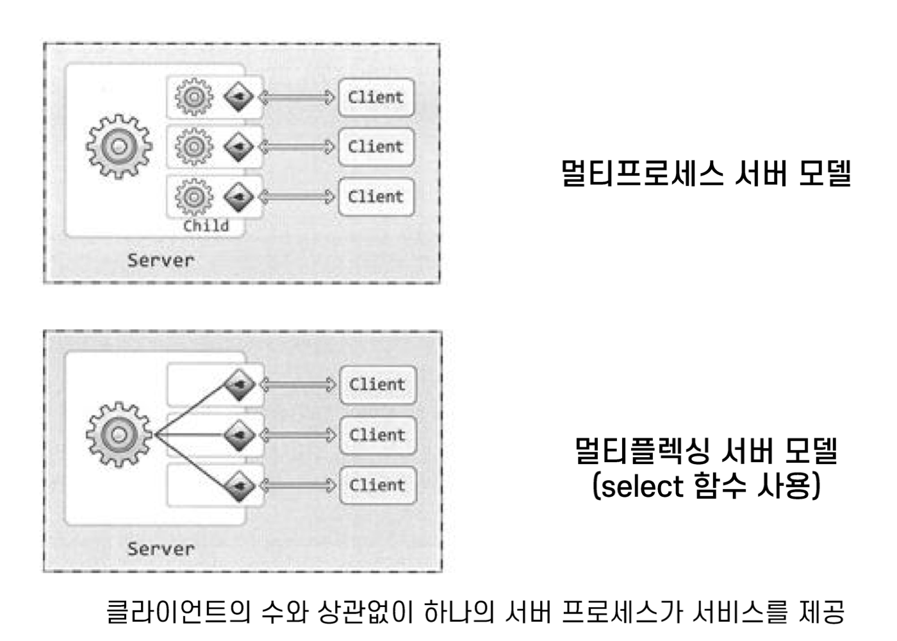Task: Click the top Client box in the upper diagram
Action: coord(376,97)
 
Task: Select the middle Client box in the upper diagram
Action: coord(376,147)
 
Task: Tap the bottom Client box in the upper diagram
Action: coord(376,196)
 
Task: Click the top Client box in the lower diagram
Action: coord(377,385)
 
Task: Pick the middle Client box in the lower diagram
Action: coord(377,435)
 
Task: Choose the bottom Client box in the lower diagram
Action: coord(377,485)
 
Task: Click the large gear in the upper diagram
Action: coord(119,147)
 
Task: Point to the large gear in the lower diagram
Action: coord(119,435)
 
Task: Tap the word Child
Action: coord(206,226)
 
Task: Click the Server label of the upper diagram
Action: coord(160,260)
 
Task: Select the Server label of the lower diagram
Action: coord(160,549)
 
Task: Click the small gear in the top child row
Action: coord(193,97)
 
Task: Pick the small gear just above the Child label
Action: coord(193,196)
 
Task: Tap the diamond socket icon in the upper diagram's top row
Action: coord(239,97)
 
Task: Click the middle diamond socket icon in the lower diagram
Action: coord(239,435)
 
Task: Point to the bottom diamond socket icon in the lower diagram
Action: coord(239,485)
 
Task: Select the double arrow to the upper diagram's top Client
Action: coord(297,97)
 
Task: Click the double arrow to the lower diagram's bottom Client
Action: coord(298,485)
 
